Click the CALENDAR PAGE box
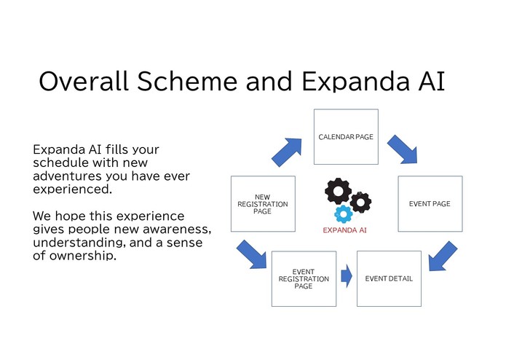click(x=346, y=136)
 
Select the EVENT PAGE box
click(x=430, y=203)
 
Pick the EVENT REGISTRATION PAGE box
click(x=304, y=278)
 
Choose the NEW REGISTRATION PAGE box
click(x=263, y=203)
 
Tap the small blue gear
click(x=344, y=214)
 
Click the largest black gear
click(x=338, y=192)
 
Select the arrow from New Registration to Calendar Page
click(x=288, y=151)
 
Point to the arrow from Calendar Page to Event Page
click(x=402, y=149)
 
